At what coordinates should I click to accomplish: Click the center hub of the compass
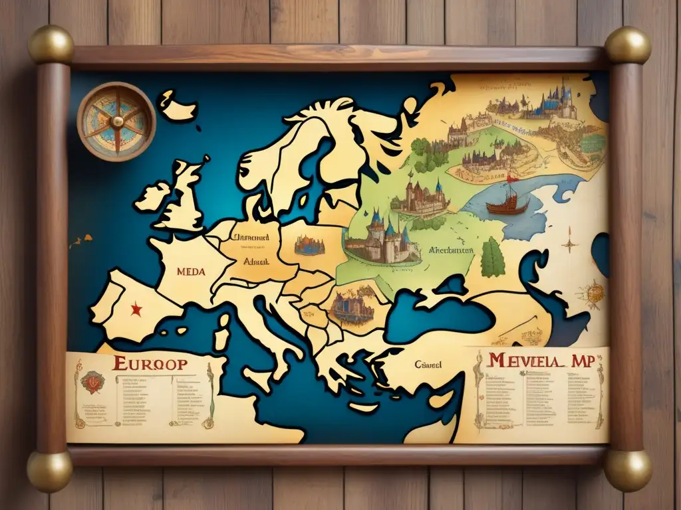pyautogui.click(x=117, y=121)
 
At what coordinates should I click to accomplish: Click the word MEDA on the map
pyautogui.click(x=191, y=271)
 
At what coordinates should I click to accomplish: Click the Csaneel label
pyautogui.click(x=430, y=364)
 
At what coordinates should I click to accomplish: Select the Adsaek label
pyautogui.click(x=256, y=262)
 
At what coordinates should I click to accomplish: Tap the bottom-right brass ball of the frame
pyautogui.click(x=628, y=470)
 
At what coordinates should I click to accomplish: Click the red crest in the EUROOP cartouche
pyautogui.click(x=92, y=382)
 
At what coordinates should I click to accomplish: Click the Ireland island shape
pyautogui.click(x=152, y=197)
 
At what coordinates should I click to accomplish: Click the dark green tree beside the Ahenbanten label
pyautogui.click(x=492, y=258)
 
